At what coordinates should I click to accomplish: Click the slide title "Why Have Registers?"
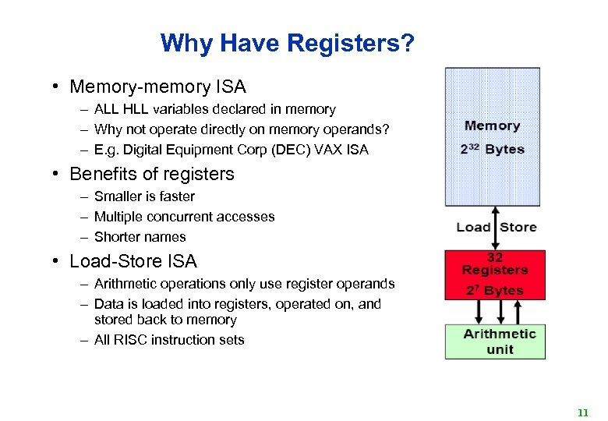click(x=287, y=43)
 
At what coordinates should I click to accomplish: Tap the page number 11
click(x=582, y=412)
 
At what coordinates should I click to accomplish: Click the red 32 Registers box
click(x=494, y=274)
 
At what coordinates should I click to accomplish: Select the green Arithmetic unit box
click(x=494, y=341)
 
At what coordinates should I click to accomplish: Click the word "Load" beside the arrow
click(x=474, y=227)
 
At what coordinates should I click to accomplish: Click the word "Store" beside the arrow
click(x=518, y=227)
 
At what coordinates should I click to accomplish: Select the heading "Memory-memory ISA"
click(x=157, y=87)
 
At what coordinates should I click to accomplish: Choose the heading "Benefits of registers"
click(x=152, y=174)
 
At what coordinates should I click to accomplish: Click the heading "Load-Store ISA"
click(x=133, y=261)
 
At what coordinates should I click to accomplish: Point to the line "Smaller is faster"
click(x=144, y=196)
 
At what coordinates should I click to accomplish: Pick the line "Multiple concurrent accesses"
click(x=184, y=217)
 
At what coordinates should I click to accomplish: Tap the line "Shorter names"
click(x=140, y=237)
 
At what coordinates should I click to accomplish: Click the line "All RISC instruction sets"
click(x=169, y=340)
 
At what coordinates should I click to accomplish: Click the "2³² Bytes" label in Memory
click(x=492, y=149)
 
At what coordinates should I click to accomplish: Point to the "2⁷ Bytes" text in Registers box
click(x=494, y=290)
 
